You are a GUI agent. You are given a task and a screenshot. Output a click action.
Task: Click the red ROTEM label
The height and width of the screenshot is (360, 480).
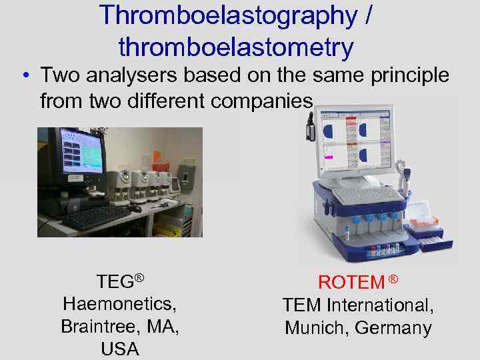351,282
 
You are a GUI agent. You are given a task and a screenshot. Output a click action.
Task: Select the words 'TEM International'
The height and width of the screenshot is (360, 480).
358,305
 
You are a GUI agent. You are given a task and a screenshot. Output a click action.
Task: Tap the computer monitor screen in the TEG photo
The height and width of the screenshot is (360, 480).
81,152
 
